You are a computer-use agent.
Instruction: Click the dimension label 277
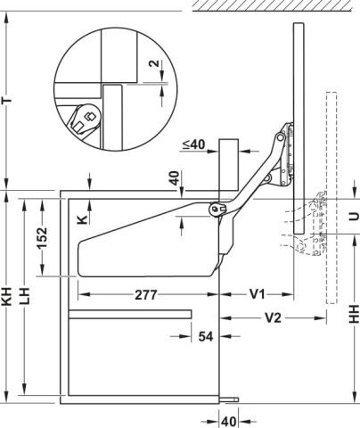point(146,295)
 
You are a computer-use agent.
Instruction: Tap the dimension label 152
point(42,238)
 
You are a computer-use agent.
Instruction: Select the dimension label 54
point(206,336)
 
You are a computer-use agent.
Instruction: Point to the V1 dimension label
point(257,294)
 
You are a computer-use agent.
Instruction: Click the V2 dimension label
point(273,318)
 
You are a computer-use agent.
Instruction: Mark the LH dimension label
point(25,296)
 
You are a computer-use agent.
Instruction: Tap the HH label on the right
point(354,315)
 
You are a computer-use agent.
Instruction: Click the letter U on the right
point(354,217)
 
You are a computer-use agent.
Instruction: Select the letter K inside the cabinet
point(82,219)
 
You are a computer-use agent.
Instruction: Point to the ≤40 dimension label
point(193,144)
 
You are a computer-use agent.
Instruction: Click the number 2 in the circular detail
point(153,63)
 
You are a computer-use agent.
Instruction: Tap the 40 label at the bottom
point(229,422)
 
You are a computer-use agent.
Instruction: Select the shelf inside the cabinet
point(130,314)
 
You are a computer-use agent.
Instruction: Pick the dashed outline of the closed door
point(331,198)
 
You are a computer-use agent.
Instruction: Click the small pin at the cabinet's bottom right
point(229,399)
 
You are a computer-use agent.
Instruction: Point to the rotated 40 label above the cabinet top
point(176,177)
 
